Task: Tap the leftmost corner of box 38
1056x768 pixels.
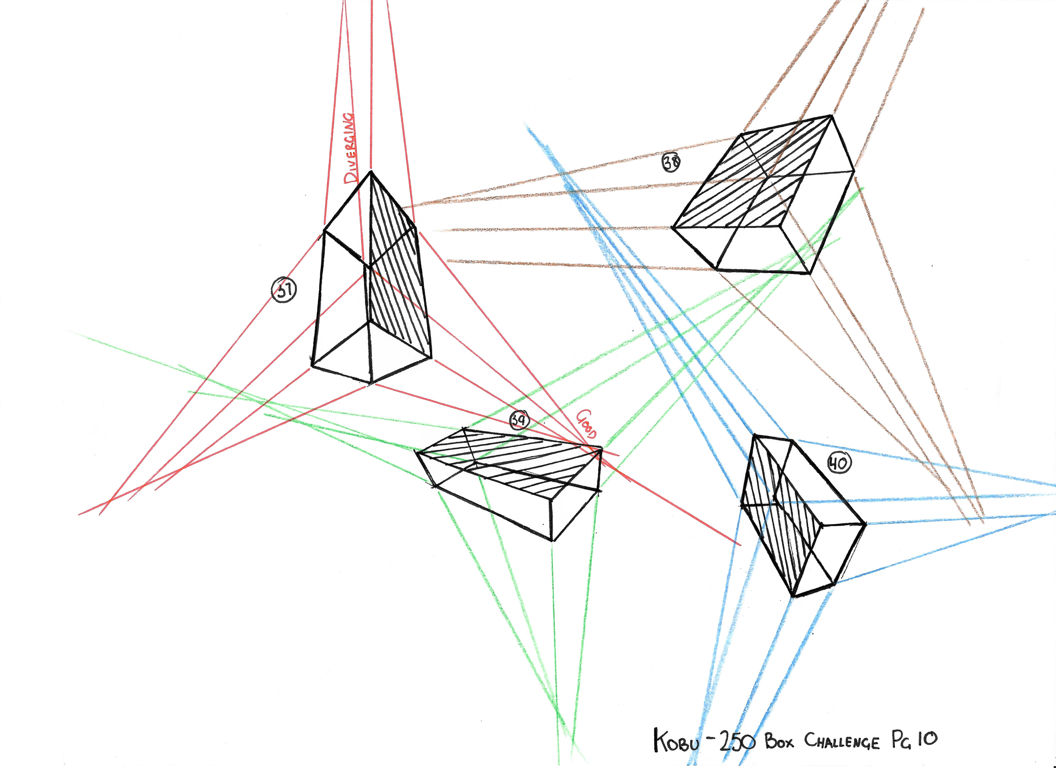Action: point(672,228)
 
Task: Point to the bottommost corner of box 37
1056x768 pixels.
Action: point(371,384)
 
